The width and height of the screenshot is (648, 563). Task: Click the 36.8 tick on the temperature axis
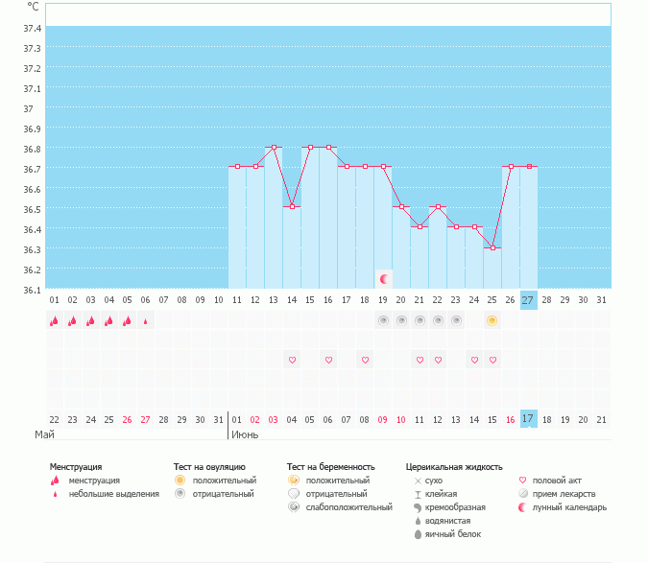click(x=32, y=149)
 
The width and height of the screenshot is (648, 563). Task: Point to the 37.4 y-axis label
click(x=32, y=28)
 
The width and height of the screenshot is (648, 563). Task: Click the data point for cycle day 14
click(x=292, y=206)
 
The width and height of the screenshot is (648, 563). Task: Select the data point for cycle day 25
click(x=492, y=247)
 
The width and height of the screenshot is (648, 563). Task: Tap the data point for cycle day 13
click(x=274, y=147)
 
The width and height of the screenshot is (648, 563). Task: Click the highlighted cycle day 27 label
click(x=528, y=299)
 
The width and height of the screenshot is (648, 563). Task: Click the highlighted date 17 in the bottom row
click(x=528, y=418)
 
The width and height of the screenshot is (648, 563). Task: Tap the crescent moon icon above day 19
click(x=383, y=279)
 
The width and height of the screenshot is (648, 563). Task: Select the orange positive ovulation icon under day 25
click(x=492, y=320)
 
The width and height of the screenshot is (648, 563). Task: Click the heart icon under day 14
click(x=292, y=360)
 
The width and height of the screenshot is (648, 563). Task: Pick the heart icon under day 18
click(x=365, y=360)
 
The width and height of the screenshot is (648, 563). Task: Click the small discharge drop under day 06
click(x=146, y=321)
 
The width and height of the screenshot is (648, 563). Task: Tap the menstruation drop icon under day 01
click(x=55, y=321)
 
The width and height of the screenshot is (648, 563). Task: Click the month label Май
click(x=44, y=434)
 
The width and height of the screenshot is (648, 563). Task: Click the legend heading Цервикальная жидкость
click(x=454, y=467)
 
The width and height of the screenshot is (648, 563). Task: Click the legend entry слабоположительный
click(x=349, y=507)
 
